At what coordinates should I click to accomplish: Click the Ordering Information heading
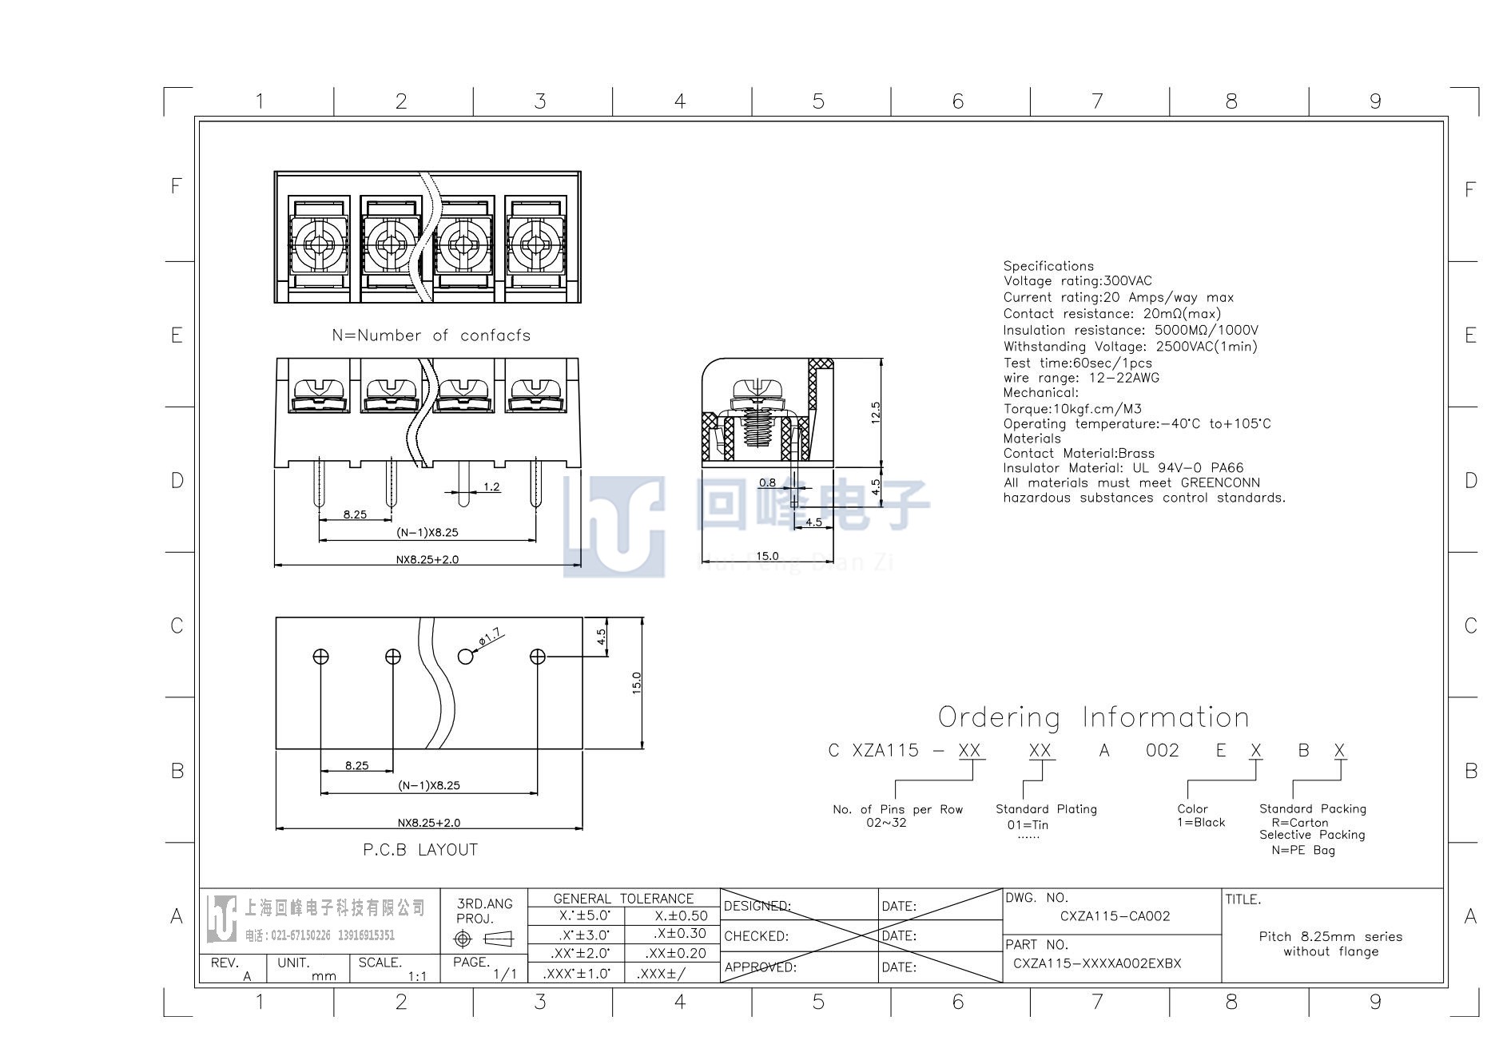[1093, 717]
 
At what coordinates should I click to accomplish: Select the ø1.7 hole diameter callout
[490, 637]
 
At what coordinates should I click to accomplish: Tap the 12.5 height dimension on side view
[876, 412]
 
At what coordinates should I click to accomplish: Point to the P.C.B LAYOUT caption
[420, 850]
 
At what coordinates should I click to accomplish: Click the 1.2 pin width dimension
[491, 486]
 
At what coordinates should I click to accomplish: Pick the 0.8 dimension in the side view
[767, 482]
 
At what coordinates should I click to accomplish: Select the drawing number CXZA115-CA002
[1115, 916]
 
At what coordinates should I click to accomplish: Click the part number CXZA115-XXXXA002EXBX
[1097, 963]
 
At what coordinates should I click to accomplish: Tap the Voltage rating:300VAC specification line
[1078, 281]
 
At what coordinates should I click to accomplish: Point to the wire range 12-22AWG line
[1081, 378]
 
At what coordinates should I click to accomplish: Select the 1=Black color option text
[1200, 823]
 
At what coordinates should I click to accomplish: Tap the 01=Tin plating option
[1028, 825]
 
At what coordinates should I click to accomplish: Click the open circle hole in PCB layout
[465, 657]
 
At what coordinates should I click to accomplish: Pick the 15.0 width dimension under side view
[767, 556]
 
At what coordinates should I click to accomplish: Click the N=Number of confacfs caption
[431, 335]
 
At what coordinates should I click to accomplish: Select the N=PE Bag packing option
[1303, 851]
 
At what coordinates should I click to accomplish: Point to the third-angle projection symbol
[483, 939]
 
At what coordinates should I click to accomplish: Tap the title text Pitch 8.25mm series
[1330, 937]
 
